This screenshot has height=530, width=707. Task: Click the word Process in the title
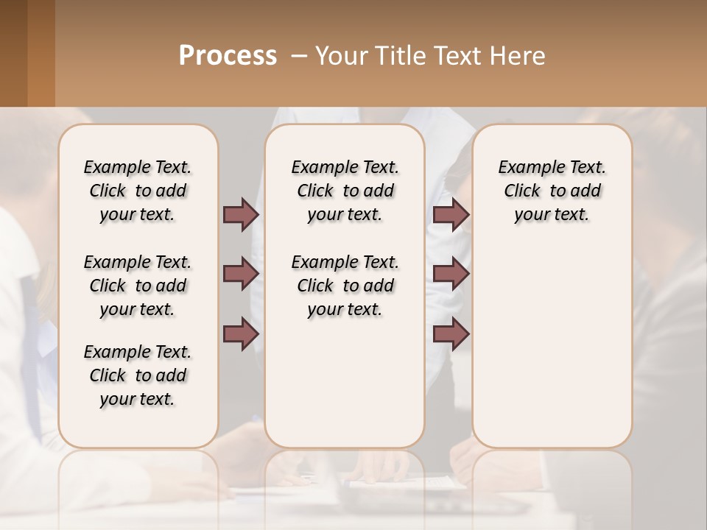(228, 56)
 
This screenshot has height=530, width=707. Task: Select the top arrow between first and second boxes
(241, 215)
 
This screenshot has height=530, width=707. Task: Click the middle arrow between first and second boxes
(241, 274)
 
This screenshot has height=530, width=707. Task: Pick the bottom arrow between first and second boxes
(241, 334)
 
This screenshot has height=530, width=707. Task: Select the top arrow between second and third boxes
(451, 215)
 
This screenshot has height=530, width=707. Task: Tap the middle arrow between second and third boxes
(451, 274)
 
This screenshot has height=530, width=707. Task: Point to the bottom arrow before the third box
(451, 334)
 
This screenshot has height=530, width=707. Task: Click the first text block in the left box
(138, 191)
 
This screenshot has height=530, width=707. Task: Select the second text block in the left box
(138, 286)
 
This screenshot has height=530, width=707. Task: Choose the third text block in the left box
(138, 375)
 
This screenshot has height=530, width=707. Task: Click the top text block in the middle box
(345, 191)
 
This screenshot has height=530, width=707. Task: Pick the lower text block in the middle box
(345, 286)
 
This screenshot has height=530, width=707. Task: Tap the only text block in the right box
(552, 191)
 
